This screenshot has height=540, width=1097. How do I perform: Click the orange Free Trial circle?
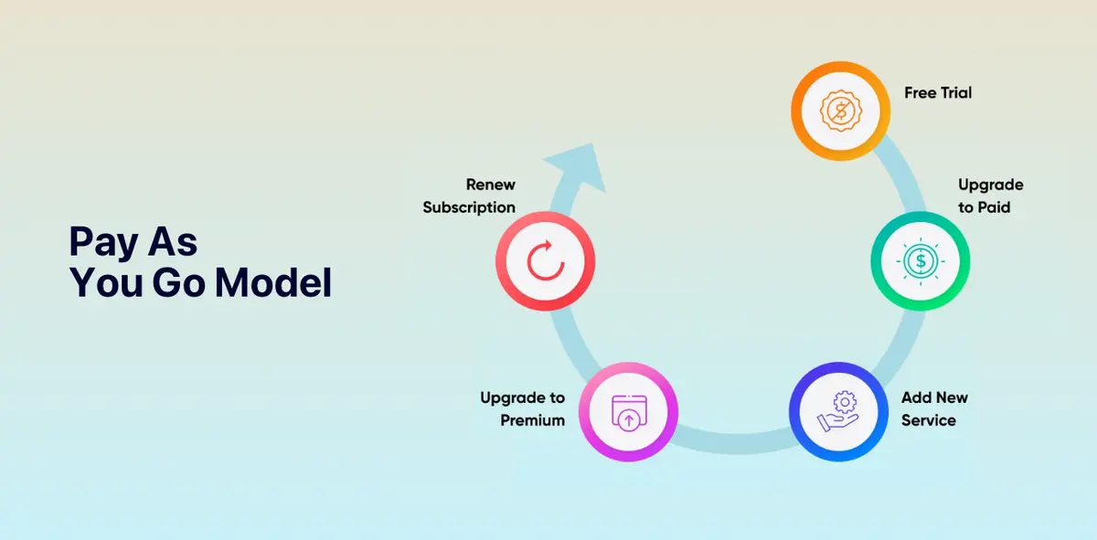click(840, 111)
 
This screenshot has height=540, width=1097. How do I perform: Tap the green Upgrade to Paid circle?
click(921, 261)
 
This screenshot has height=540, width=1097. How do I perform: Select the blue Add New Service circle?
click(838, 412)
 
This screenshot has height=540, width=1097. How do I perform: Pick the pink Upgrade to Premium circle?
click(628, 412)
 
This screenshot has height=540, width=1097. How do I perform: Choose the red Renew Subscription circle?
click(545, 261)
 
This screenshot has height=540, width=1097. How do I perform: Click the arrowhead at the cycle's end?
click(580, 165)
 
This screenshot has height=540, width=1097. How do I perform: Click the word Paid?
click(994, 207)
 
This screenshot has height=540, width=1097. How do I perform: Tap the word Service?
click(929, 420)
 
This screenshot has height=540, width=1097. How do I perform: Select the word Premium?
click(532, 420)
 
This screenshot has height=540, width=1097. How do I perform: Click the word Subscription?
click(469, 207)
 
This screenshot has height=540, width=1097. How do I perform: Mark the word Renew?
click(491, 185)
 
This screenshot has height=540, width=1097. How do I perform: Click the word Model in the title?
click(273, 282)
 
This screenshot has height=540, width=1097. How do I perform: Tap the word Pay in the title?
click(103, 242)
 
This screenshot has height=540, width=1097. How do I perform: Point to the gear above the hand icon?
click(845, 402)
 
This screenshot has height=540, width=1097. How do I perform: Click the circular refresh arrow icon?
click(546, 260)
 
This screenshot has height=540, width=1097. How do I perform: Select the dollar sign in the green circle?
click(921, 261)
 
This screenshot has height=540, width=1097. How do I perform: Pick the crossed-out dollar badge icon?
click(841, 111)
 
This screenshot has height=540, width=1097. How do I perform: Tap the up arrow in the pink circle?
click(629, 420)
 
